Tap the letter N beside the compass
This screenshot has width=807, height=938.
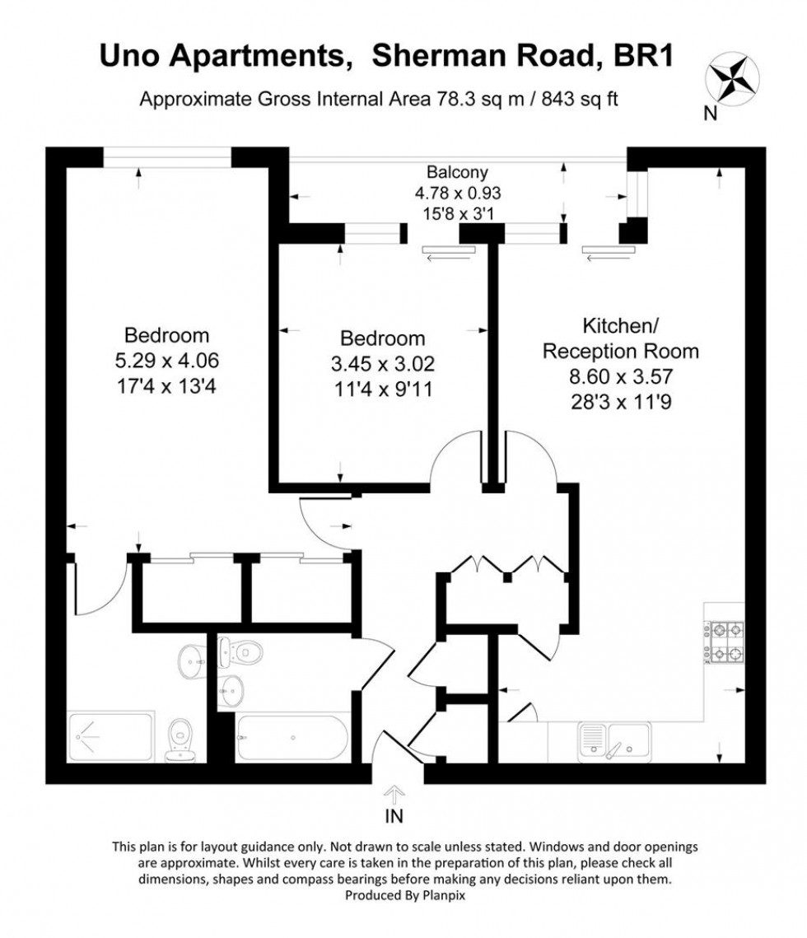[709, 114]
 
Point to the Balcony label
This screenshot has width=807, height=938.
[457, 173]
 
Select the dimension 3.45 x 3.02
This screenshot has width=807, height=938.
[383, 362]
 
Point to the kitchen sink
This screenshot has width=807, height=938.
[613, 739]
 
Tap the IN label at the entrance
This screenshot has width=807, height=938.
[394, 817]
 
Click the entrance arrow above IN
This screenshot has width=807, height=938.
[394, 795]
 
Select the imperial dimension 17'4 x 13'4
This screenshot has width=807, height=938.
[166, 384]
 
